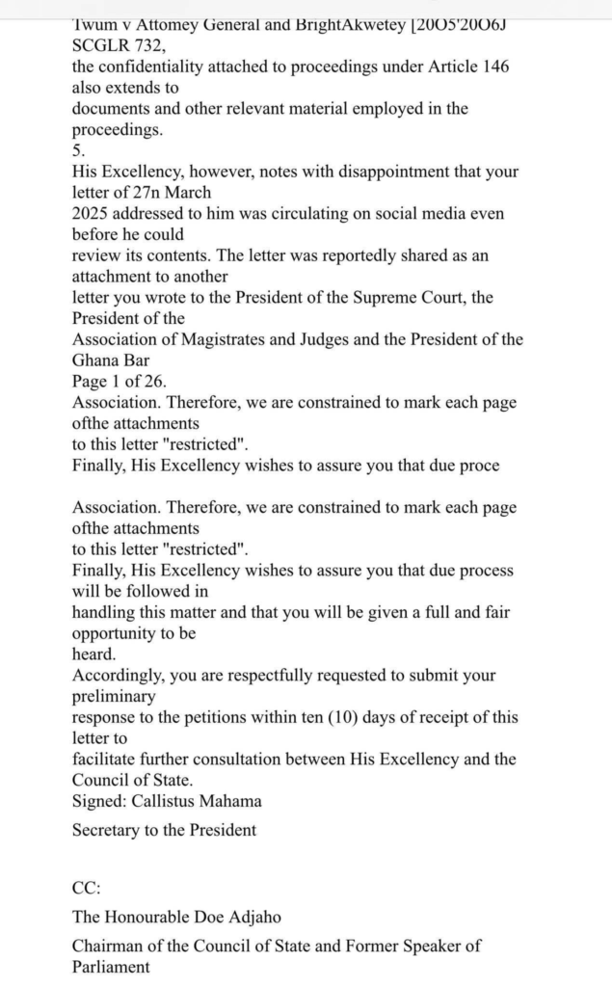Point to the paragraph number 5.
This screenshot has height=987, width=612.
pyautogui.click(x=78, y=150)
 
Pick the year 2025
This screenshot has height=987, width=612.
pyautogui.click(x=94, y=214)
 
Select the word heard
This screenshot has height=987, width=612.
pyautogui.click(x=93, y=654)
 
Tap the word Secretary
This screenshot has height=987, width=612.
pyautogui.click(x=106, y=830)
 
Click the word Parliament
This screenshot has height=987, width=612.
pyautogui.click(x=111, y=967)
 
